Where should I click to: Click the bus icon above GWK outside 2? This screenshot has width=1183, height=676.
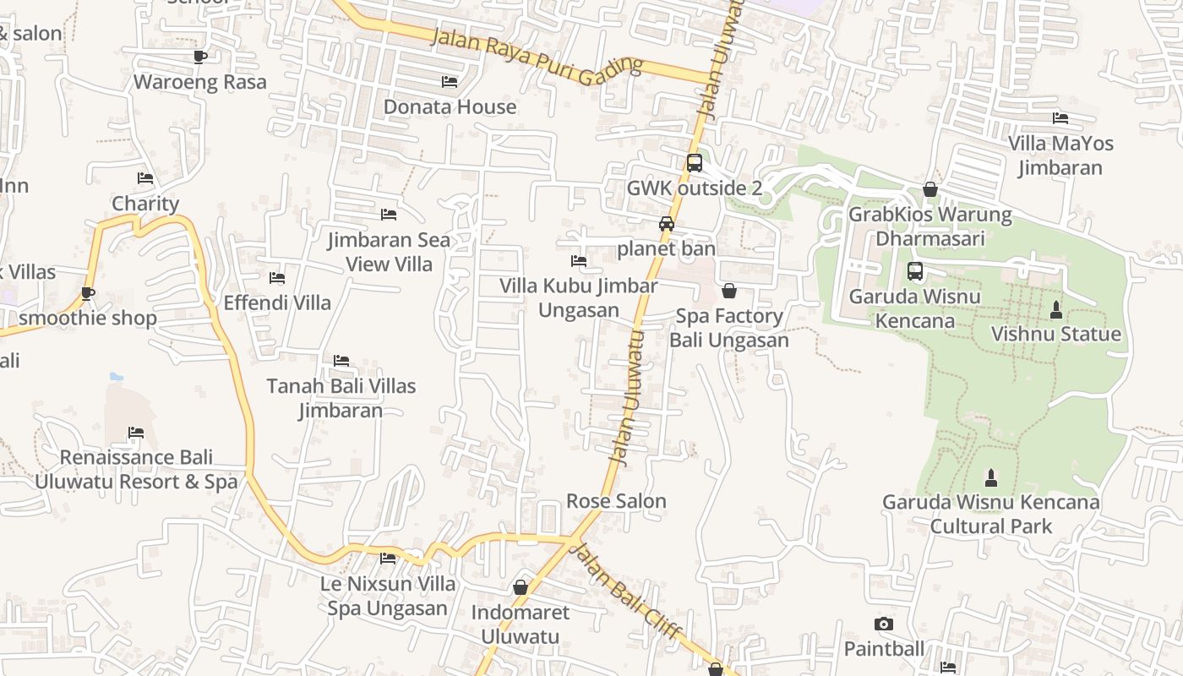(694, 163)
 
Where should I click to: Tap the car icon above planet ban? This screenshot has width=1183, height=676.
(667, 224)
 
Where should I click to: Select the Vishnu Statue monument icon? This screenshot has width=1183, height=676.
(1055, 310)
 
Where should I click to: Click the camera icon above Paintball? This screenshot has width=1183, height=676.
(884, 624)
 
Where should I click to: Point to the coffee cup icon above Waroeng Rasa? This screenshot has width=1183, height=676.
(200, 57)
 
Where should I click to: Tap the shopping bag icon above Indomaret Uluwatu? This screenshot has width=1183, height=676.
(521, 587)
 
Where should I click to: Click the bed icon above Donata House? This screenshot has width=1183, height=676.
(450, 82)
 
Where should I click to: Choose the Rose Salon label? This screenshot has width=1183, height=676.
(616, 501)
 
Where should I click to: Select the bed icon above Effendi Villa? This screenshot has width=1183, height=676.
(276, 278)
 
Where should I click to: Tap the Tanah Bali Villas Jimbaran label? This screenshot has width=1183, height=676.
(341, 398)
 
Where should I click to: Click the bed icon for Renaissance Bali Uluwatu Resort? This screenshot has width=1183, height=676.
(136, 433)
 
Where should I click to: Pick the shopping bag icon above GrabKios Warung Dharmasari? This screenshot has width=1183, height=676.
(930, 189)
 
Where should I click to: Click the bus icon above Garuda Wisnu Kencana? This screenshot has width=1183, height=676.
(915, 271)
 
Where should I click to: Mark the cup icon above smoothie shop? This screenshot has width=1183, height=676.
(87, 293)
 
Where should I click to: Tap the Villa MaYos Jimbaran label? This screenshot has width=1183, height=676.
(1060, 155)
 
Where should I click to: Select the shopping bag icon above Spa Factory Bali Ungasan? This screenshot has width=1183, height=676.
(729, 292)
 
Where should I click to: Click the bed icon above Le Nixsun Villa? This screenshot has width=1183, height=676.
(388, 558)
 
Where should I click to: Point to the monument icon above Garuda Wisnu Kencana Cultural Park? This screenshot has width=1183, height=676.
(991, 478)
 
